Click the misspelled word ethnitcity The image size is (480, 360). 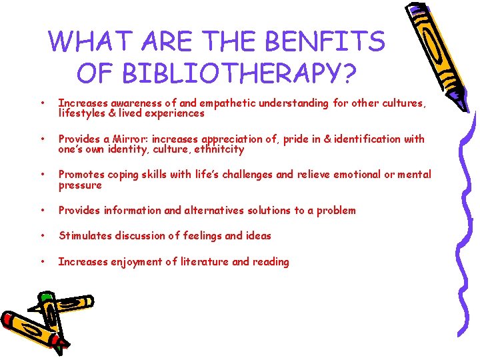pyautogui.click(x=220, y=149)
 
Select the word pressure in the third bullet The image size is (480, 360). pyautogui.click(x=80, y=185)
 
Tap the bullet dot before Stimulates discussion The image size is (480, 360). pyautogui.click(x=43, y=236)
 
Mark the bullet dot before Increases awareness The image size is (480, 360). pyautogui.click(x=43, y=103)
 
